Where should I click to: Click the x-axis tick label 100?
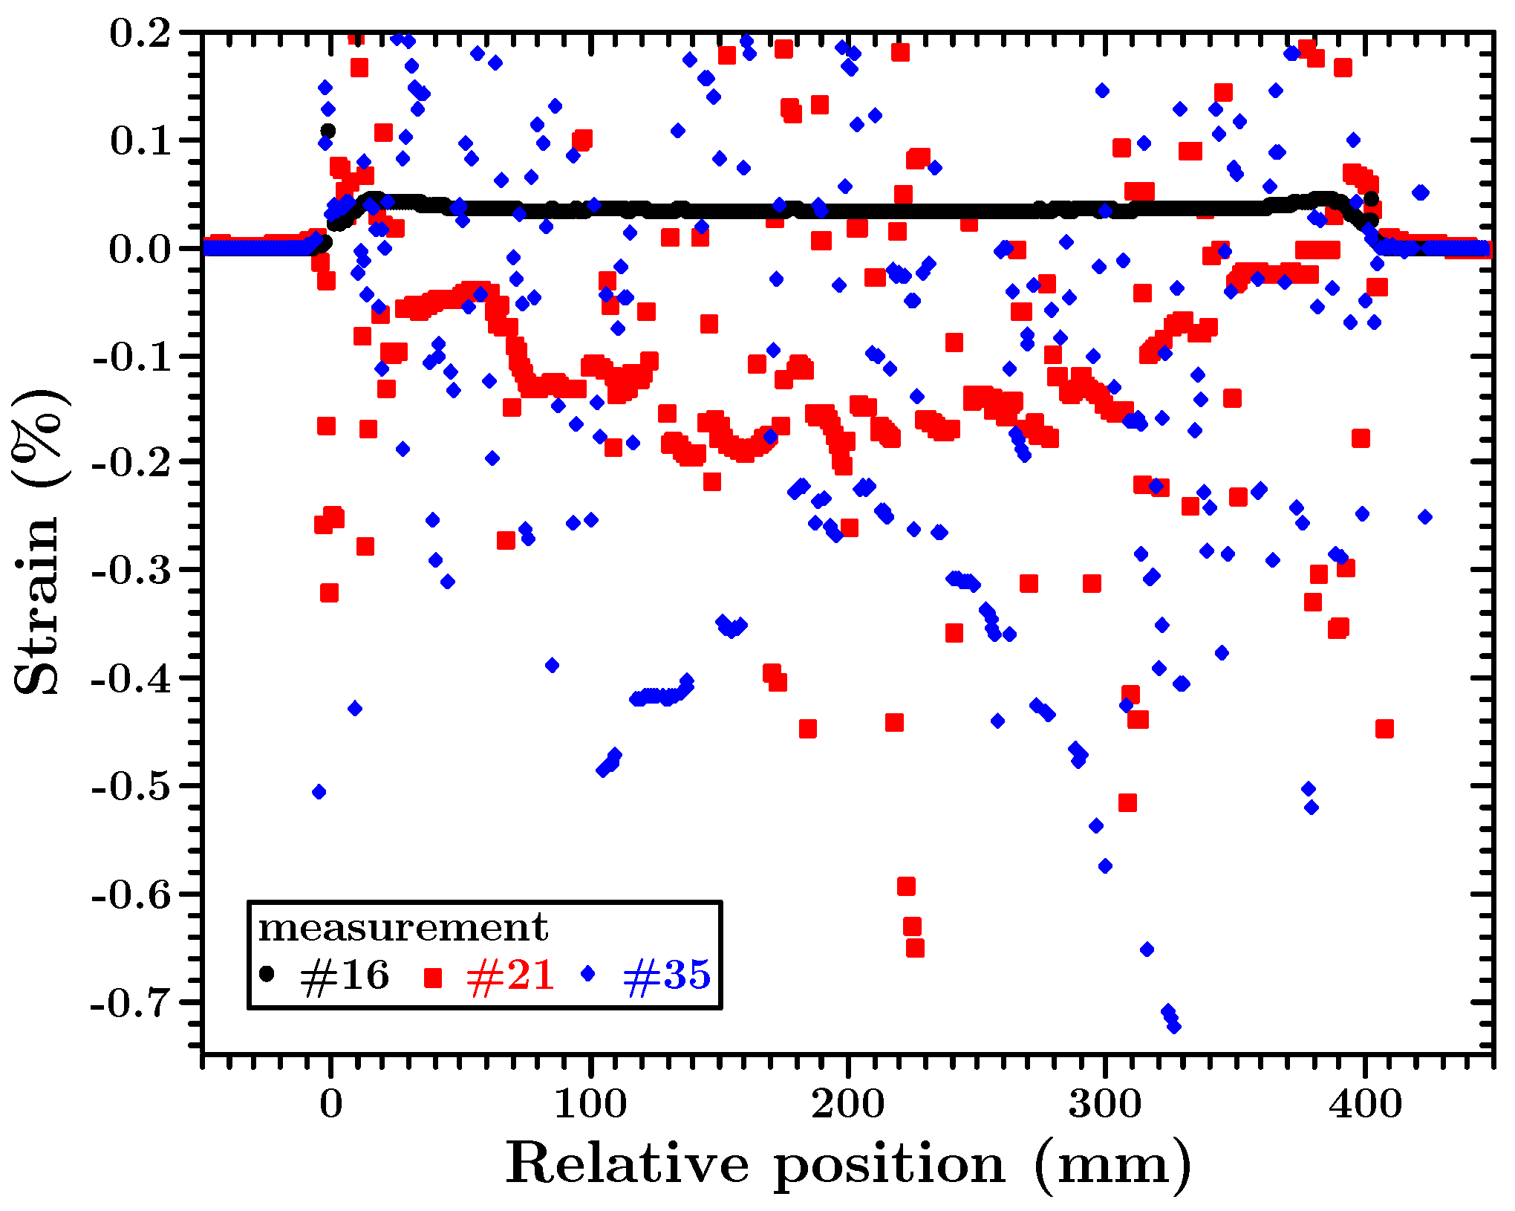pyautogui.click(x=590, y=1104)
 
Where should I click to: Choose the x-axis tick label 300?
pyautogui.click(x=1106, y=1104)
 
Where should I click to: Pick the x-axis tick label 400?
pyautogui.click(x=1365, y=1104)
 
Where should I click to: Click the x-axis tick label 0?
pyautogui.click(x=331, y=1104)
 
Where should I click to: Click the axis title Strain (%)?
pyautogui.click(x=39, y=542)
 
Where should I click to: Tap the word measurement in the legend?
pyautogui.click(x=403, y=928)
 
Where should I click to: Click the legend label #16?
pyautogui.click(x=345, y=975)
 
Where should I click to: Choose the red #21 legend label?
pyautogui.click(x=511, y=975)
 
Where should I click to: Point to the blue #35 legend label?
pyautogui.click(x=666, y=975)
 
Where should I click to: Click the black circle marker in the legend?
pyautogui.click(x=267, y=973)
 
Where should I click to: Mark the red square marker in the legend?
pyautogui.click(x=433, y=978)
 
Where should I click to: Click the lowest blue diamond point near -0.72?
pyautogui.click(x=1174, y=1026)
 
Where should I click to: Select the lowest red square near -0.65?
pyautogui.click(x=915, y=948)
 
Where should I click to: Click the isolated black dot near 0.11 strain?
pyautogui.click(x=328, y=131)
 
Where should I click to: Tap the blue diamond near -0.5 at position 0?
pyautogui.click(x=319, y=792)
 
